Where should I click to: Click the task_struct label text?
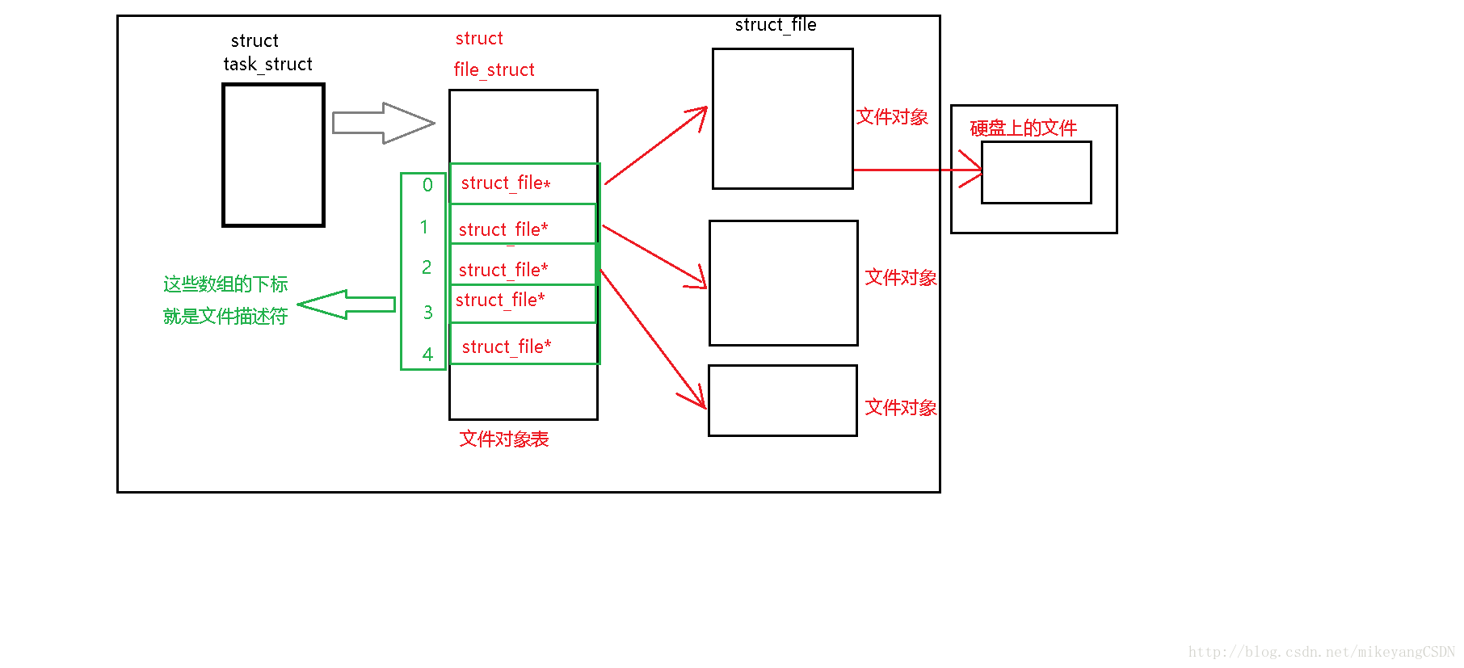click(x=267, y=64)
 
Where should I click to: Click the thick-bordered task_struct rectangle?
click(x=273, y=154)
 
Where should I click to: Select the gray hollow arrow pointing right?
click(x=383, y=123)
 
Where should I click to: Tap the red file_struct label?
click(x=494, y=69)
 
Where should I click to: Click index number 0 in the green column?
click(x=427, y=185)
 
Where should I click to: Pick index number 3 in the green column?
click(x=427, y=312)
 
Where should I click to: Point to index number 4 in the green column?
click(x=427, y=354)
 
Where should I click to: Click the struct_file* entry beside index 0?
click(x=505, y=183)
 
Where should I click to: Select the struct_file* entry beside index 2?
click(x=503, y=270)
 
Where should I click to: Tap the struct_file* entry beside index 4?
click(x=506, y=347)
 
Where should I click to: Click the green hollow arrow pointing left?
click(x=346, y=305)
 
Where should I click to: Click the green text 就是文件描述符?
click(x=225, y=316)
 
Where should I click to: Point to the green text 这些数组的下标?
click(x=225, y=284)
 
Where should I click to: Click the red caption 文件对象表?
click(x=503, y=439)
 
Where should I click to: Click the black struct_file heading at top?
click(x=775, y=25)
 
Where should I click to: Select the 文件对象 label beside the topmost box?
click(x=892, y=117)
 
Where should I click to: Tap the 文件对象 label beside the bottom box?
click(x=900, y=407)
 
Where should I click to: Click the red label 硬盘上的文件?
click(x=1023, y=128)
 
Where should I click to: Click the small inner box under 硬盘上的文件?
click(x=1036, y=173)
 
